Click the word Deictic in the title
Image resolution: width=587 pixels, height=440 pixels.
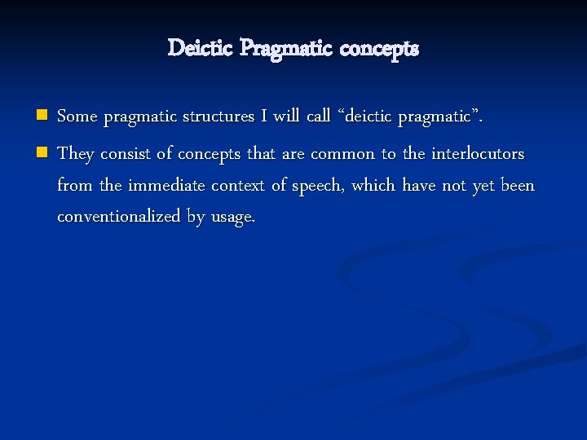201,49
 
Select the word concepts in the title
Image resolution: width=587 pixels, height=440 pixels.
379,50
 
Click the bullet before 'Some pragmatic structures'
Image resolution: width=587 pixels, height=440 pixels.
42,116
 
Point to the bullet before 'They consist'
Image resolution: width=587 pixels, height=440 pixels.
42,152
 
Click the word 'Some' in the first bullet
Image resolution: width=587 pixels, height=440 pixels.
77,117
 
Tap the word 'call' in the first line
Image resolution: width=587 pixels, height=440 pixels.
318,117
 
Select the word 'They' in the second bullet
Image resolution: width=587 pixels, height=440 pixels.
76,153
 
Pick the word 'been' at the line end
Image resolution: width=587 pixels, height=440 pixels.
518,186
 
